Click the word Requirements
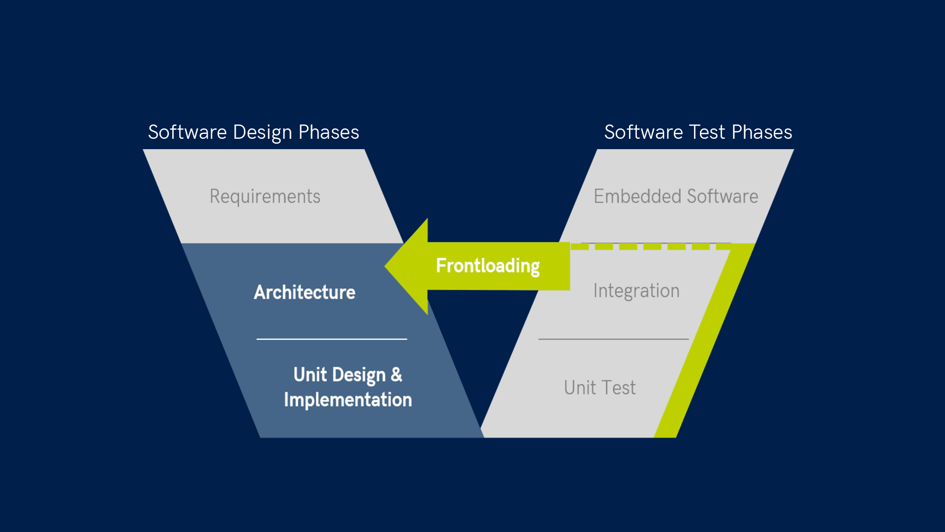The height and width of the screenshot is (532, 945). (x=265, y=196)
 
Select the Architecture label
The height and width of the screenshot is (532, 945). (x=305, y=292)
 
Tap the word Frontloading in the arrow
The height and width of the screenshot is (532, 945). (x=488, y=266)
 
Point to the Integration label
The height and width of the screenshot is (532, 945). (x=636, y=291)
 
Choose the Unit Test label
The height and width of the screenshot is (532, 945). (x=599, y=388)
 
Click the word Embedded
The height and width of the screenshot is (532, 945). (x=637, y=196)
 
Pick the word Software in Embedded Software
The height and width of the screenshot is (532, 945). (x=722, y=196)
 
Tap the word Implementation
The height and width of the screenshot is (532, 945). (x=348, y=400)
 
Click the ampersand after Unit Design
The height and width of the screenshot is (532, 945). (x=397, y=375)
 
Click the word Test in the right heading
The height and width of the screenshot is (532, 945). (x=707, y=132)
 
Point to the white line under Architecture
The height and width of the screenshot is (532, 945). (x=332, y=339)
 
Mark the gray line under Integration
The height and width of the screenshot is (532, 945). (x=613, y=339)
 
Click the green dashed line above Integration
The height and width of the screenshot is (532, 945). (x=652, y=246)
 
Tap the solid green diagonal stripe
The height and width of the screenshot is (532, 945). (x=704, y=340)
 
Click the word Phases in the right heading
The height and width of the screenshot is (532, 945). (x=761, y=132)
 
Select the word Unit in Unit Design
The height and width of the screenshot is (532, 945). (x=310, y=375)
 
